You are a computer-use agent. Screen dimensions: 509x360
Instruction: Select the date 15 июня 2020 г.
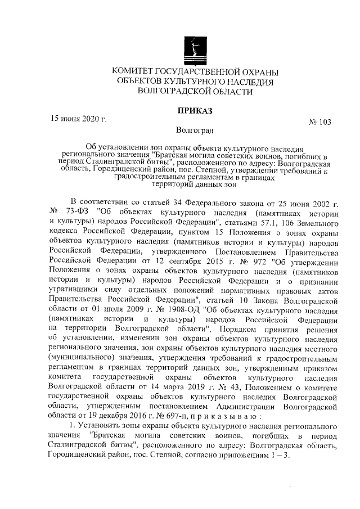point(79,119)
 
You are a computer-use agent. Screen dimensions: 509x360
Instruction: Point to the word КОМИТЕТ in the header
point(134,72)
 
